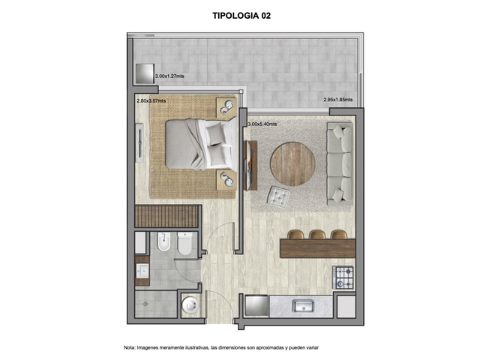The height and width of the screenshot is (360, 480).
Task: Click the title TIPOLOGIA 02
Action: coord(241,16)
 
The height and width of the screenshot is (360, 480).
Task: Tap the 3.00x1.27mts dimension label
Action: coord(169,76)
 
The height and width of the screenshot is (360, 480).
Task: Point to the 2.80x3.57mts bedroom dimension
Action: coord(151,100)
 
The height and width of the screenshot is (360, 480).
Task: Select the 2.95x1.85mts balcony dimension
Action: coord(338,100)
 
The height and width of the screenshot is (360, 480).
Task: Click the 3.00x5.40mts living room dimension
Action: coord(262,124)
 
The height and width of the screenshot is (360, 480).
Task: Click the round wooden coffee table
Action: coord(292,163)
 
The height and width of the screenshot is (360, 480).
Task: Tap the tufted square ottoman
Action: coord(278,196)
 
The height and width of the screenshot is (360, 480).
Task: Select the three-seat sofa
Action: coord(340,163)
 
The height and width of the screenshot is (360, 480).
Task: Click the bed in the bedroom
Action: coord(201,144)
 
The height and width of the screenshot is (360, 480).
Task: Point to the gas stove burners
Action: coord(343,277)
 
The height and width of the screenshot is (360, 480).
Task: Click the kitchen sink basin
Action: coord(303,306)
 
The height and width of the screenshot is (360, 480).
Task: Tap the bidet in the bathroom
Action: coord(163,241)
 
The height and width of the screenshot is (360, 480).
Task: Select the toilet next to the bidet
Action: coord(184,243)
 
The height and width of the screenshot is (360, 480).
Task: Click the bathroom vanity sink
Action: coord(142,271)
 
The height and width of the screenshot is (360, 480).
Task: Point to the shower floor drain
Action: coord(145,304)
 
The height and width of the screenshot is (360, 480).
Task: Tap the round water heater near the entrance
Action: coord(190,305)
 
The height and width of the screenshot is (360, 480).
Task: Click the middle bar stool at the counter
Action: coord(317,235)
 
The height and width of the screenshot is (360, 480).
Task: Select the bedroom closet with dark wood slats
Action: coord(166,216)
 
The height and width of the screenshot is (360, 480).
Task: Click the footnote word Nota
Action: coord(129,348)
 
